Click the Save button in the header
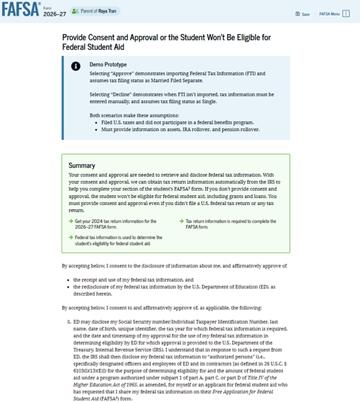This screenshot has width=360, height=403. (x=302, y=14)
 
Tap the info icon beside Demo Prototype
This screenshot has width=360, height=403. (x=76, y=66)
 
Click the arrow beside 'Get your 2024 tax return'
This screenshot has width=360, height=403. (x=71, y=203)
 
